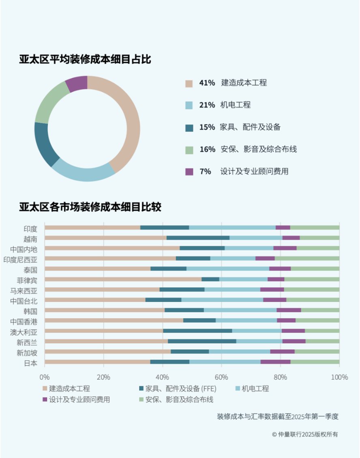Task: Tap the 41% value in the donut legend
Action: [x=207, y=83]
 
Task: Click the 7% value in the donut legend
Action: [x=205, y=171]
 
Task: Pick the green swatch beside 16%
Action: [x=189, y=150]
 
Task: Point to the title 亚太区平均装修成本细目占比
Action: [x=85, y=59]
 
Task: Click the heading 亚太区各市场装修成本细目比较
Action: [x=90, y=207]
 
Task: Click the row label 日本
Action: [x=31, y=363]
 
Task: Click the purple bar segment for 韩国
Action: [x=289, y=310]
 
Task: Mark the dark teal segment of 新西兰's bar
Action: [x=202, y=341]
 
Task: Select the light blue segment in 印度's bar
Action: [x=232, y=228]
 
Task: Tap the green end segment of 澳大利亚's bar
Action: [x=322, y=331]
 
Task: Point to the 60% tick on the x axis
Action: [x=221, y=377]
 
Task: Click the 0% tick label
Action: [x=45, y=377]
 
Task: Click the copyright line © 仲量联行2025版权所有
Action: [x=305, y=434]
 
